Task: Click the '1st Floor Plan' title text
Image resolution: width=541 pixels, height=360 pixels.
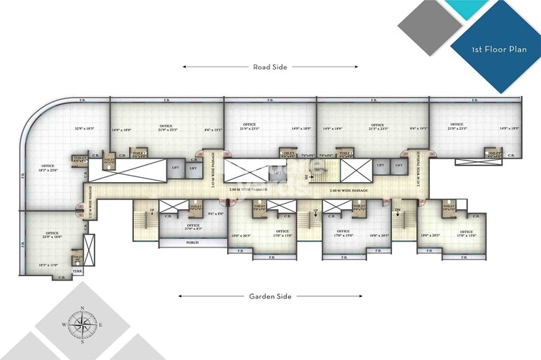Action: (495, 50)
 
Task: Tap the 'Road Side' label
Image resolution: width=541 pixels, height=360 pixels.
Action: (270, 67)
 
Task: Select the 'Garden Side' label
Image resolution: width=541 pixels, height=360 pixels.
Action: (270, 296)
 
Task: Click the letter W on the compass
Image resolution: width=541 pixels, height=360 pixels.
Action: (65, 325)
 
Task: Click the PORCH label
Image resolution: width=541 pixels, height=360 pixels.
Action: (192, 242)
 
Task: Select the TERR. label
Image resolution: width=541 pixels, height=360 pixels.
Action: (77, 272)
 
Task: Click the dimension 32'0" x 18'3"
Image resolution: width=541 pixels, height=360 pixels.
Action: (85, 129)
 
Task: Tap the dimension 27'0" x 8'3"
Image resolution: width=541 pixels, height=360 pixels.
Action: (193, 229)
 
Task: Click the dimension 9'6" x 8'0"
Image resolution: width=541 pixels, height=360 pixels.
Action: (214, 213)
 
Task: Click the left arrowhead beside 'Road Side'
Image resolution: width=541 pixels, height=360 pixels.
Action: (186, 67)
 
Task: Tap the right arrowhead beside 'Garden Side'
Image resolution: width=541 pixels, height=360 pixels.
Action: (360, 296)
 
